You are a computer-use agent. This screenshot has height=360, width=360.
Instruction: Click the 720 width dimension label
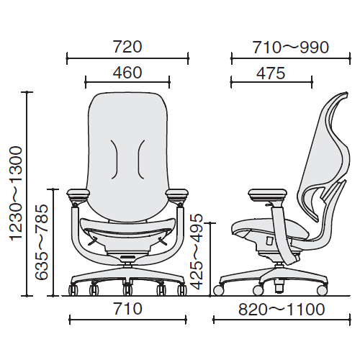127,47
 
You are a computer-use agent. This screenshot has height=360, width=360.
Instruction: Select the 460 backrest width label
127,73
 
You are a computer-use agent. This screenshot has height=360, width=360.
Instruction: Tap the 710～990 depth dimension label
291,48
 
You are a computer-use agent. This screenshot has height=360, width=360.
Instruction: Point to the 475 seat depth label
271,73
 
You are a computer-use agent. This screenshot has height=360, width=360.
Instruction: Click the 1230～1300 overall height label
16,193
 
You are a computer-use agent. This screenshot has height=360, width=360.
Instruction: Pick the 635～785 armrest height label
42,242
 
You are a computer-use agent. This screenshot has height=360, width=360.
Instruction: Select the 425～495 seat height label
197,251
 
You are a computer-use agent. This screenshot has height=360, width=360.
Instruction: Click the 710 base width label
127,309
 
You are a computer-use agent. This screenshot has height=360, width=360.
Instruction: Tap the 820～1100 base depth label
282,310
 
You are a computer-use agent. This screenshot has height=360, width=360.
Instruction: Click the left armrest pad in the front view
78,192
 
